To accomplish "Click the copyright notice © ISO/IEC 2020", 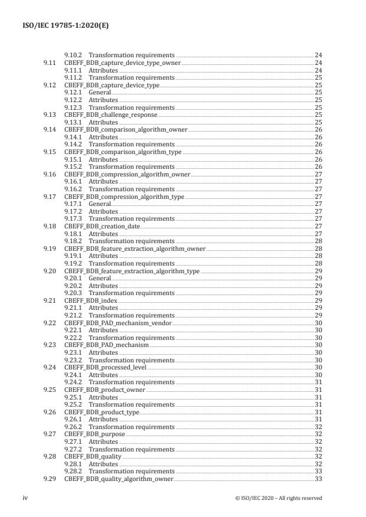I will pyautogui.click(x=278, y=498).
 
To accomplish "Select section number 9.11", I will pyautogui.click(x=50, y=63).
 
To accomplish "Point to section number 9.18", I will pyautogui.click(x=50, y=226).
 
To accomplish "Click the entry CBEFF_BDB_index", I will pyautogui.click(x=90, y=300).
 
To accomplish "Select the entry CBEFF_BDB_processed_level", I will pyautogui.click(x=105, y=367).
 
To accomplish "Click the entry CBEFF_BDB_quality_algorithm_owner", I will pyautogui.click(x=119, y=479).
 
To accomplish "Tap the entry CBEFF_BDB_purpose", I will pyautogui.click(x=94, y=434).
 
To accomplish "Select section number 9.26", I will pyautogui.click(x=50, y=412).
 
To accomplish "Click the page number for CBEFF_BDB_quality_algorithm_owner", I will pyautogui.click(x=318, y=479).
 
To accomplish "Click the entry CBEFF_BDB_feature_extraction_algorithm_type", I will pyautogui.click(x=132, y=271).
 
